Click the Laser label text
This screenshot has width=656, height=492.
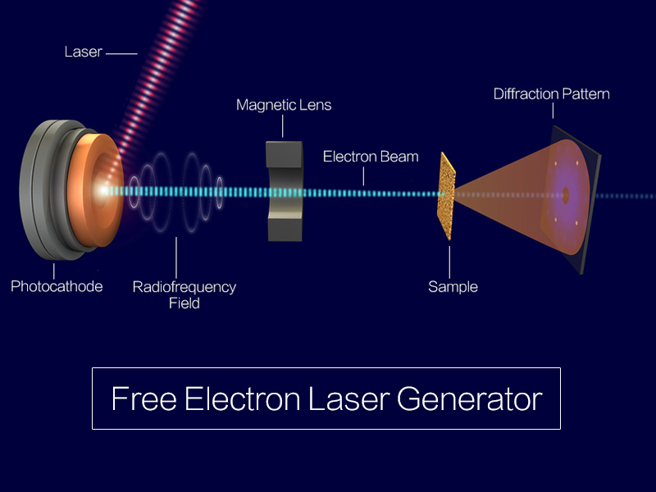[x=83, y=52]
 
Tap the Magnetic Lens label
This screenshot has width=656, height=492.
[x=284, y=105]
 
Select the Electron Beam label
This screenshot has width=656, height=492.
[x=371, y=156]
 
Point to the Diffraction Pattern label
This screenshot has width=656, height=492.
[x=551, y=93]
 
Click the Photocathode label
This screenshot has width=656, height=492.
[x=57, y=287]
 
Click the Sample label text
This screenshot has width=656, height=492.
[x=453, y=287]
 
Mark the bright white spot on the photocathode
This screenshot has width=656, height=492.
[x=104, y=191]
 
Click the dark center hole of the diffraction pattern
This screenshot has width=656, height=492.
[x=565, y=194]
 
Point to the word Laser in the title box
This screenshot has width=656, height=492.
[x=350, y=399]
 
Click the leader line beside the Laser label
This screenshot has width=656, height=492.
[x=121, y=53]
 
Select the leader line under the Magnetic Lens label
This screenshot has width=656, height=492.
[x=284, y=126]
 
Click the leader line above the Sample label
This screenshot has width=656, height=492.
[x=450, y=257]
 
